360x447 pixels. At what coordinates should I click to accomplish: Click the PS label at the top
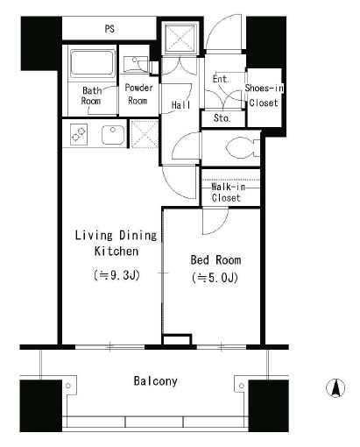coord(109,29)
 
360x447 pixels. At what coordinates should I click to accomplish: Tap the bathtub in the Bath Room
coord(92,63)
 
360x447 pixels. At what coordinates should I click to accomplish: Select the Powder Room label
coord(138,94)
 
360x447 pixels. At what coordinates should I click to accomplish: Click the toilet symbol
coord(243,147)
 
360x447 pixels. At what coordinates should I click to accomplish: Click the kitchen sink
coord(113,135)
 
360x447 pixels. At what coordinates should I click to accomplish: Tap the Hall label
coord(180,105)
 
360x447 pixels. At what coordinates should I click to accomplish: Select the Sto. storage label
coord(222,118)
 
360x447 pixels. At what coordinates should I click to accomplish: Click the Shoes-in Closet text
coord(264,96)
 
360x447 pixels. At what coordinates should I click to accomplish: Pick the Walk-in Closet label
coord(227,192)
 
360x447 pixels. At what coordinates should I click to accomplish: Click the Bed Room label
coord(215,260)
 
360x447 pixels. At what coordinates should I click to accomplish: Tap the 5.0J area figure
coord(215,278)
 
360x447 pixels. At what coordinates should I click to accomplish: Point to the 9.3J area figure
coord(116,275)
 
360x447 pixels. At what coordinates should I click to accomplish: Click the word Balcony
coord(155,381)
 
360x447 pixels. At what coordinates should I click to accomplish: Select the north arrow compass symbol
coord(335,388)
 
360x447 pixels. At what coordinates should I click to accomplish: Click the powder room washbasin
coord(136,63)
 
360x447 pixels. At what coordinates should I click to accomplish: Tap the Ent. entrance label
coord(221,79)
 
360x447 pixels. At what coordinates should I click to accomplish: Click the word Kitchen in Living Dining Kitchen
coord(116,252)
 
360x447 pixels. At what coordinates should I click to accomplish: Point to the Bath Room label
coord(91,96)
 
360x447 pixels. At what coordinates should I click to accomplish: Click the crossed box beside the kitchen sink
coord(145,134)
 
